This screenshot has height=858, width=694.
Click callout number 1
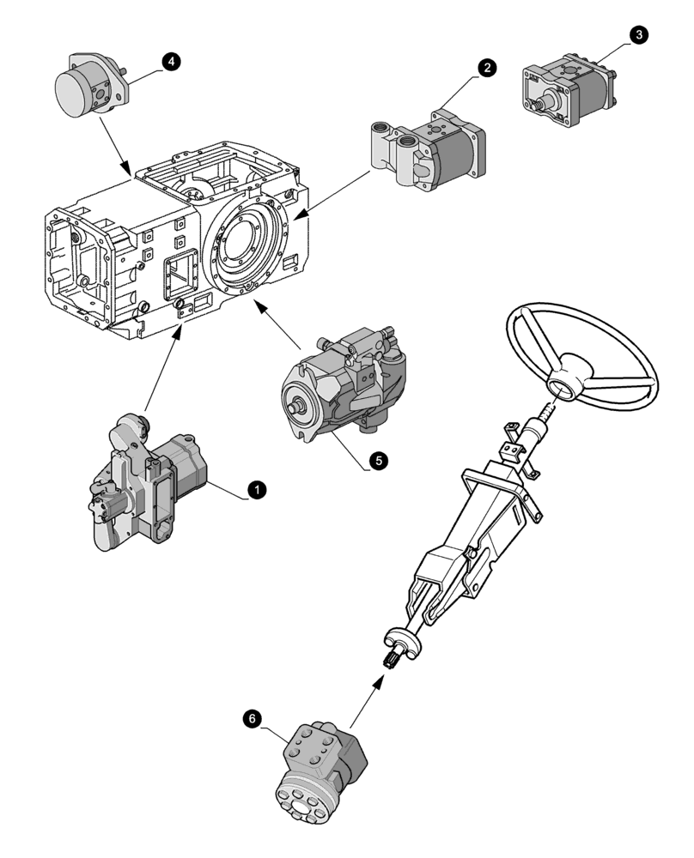tap(255, 489)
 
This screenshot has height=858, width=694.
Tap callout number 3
tap(638, 34)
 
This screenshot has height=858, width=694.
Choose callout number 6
tap(251, 719)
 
